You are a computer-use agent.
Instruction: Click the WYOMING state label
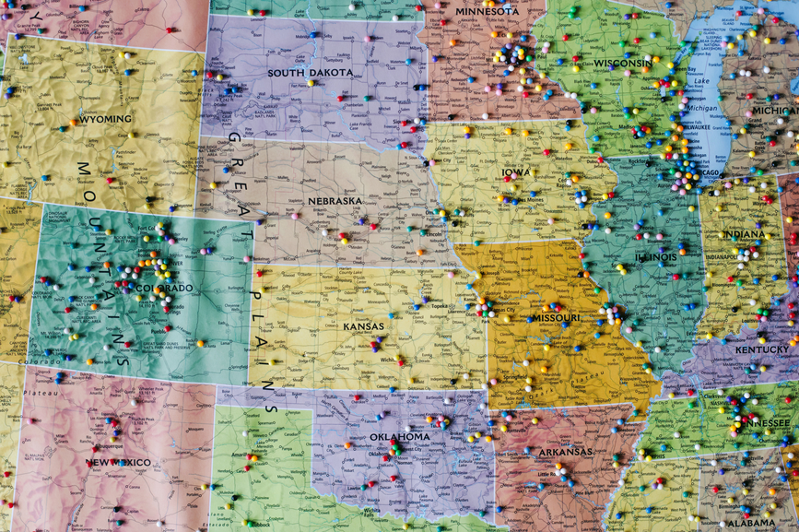(x=105, y=119)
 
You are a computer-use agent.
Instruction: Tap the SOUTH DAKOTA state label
(x=310, y=72)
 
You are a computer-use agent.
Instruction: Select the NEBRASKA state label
(x=335, y=200)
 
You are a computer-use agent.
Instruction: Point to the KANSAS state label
(x=363, y=326)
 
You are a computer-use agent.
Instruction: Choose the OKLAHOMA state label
(x=399, y=436)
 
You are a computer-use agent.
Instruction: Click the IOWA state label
(x=516, y=171)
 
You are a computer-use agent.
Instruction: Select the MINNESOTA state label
(x=486, y=11)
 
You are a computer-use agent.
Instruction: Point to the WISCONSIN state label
(x=622, y=63)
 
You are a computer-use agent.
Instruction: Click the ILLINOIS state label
(x=655, y=256)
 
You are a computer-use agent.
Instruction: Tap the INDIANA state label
(x=744, y=234)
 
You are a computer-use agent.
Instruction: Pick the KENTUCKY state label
(x=762, y=349)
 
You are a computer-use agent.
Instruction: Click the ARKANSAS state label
(x=565, y=452)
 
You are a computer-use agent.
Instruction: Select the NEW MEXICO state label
(x=118, y=462)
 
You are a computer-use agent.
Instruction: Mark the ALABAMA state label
(x=749, y=522)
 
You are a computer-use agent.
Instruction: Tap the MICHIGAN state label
(x=774, y=110)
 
